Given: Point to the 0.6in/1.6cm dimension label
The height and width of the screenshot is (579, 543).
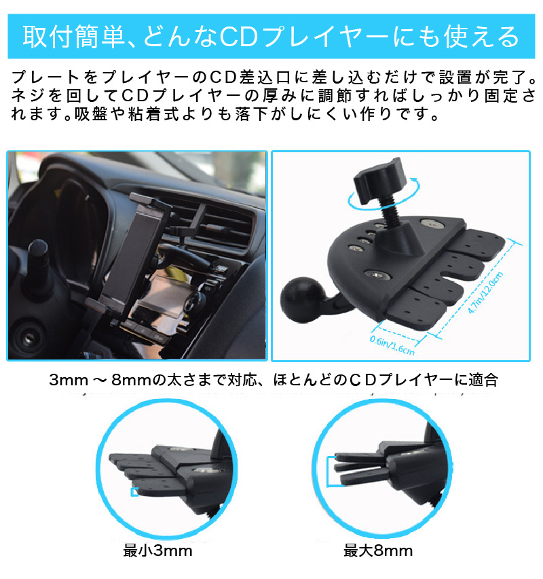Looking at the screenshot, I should [x=392, y=345].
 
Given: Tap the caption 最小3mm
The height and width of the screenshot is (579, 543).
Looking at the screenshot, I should [x=157, y=550].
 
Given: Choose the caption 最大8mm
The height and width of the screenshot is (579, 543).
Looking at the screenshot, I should [x=378, y=550].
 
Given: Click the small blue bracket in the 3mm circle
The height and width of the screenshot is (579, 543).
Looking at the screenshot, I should [x=134, y=491].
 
